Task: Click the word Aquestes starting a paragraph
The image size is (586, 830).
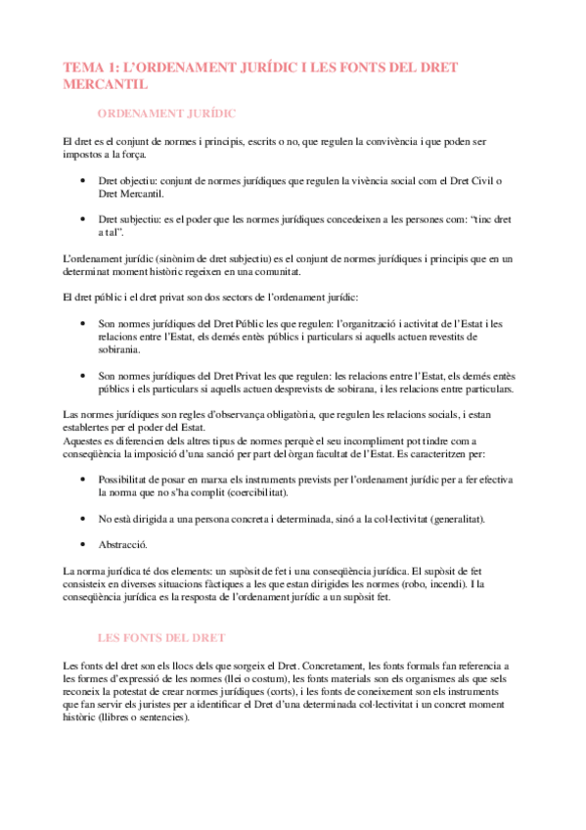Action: coord(82,440)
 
